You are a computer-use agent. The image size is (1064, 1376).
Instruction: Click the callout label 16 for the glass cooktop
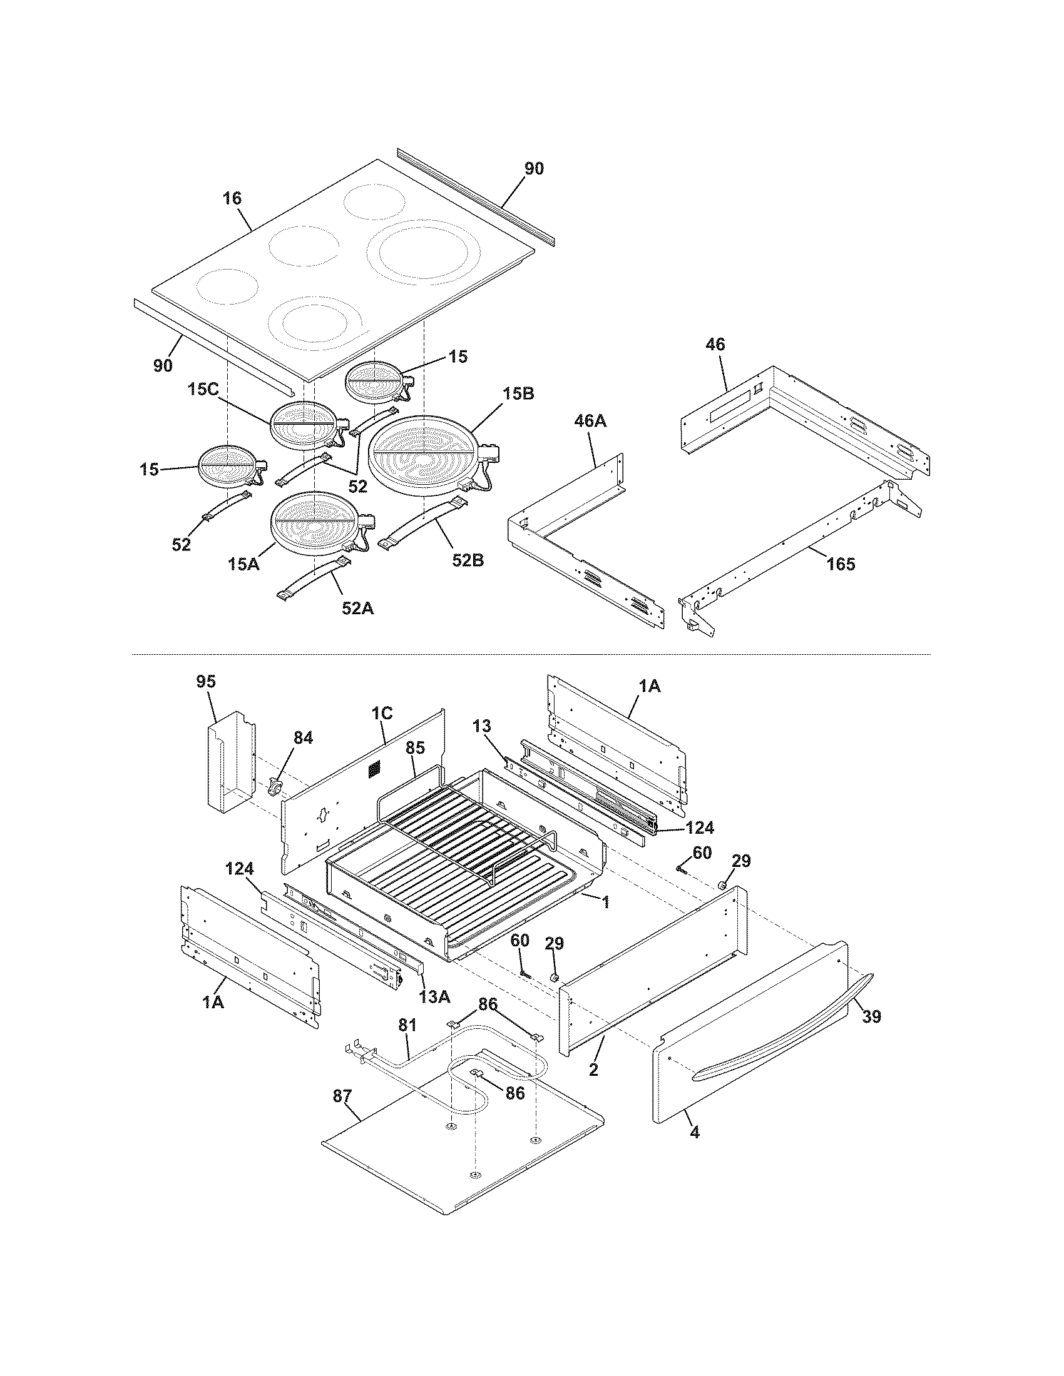[x=232, y=198]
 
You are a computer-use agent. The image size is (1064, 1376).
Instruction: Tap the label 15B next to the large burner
[x=519, y=395]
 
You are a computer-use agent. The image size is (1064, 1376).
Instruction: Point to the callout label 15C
[x=203, y=390]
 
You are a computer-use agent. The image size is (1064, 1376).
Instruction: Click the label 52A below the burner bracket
[x=357, y=608]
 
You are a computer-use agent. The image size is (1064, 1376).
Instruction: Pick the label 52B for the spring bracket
[x=468, y=560]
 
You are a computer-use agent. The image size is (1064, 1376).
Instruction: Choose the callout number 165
[x=841, y=564]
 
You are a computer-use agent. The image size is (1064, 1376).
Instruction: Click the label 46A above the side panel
[x=590, y=421]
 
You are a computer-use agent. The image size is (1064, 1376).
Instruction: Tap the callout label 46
[x=715, y=345]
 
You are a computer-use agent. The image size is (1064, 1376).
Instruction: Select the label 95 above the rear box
[x=206, y=682]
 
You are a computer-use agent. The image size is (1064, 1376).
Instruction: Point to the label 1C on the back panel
[x=381, y=713]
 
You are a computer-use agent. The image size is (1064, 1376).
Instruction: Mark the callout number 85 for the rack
[x=415, y=748]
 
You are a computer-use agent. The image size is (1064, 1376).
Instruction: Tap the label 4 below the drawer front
[x=695, y=1150]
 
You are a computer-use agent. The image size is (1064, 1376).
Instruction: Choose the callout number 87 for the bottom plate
[x=343, y=1097]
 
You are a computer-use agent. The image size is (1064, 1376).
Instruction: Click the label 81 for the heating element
[x=407, y=1026]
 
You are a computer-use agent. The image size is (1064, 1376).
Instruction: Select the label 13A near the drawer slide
[x=434, y=996]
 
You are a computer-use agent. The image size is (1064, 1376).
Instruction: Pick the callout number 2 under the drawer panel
[x=593, y=1069]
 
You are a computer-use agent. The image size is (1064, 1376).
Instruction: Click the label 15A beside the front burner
[x=244, y=565]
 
